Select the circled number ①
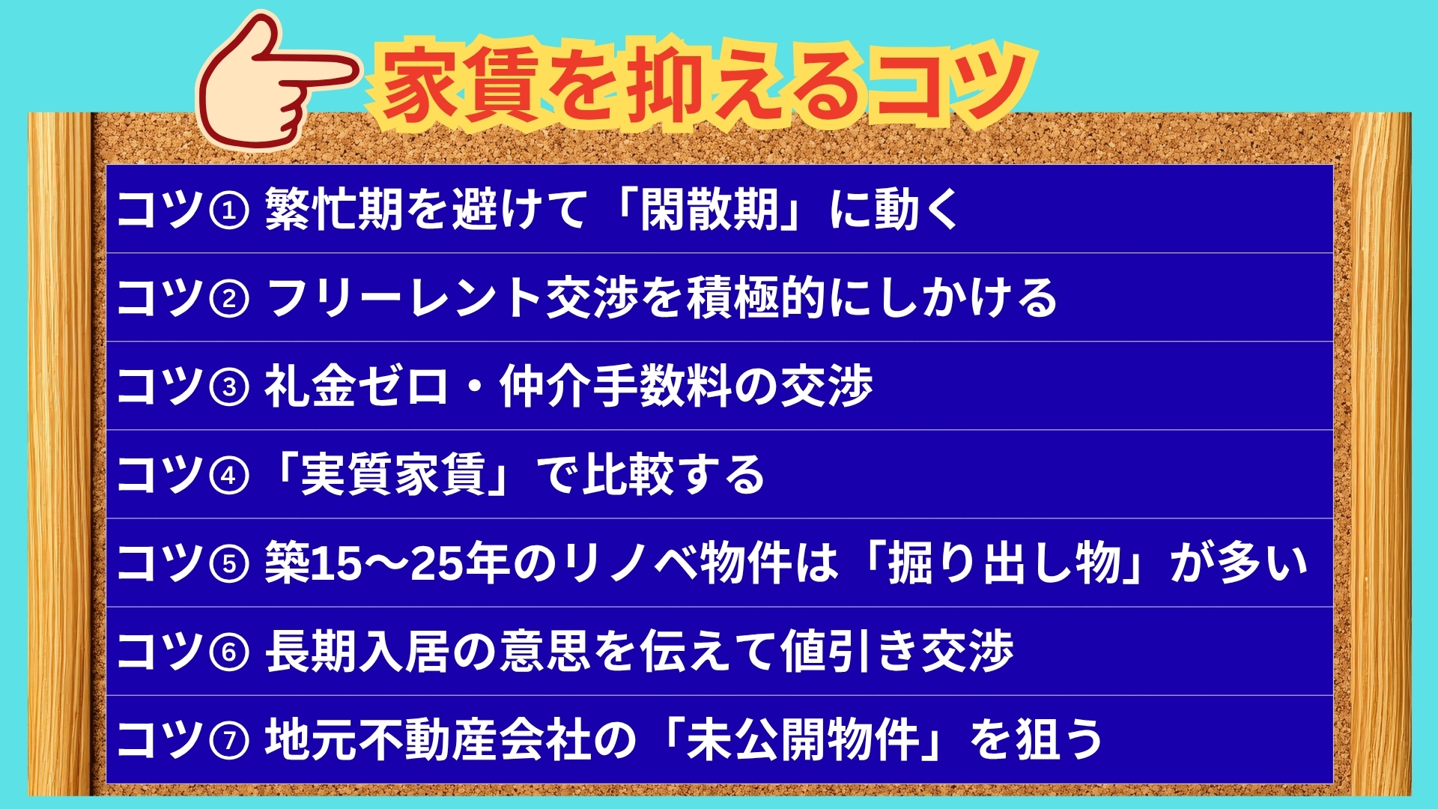click(x=228, y=210)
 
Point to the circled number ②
click(x=228, y=298)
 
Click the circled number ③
click(x=228, y=387)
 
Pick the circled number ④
click(x=228, y=475)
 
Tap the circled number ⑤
click(x=228, y=563)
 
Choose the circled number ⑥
click(x=228, y=652)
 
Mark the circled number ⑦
click(x=228, y=740)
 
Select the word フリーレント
click(x=405, y=298)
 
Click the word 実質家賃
click(x=393, y=475)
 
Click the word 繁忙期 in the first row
click(x=334, y=209)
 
